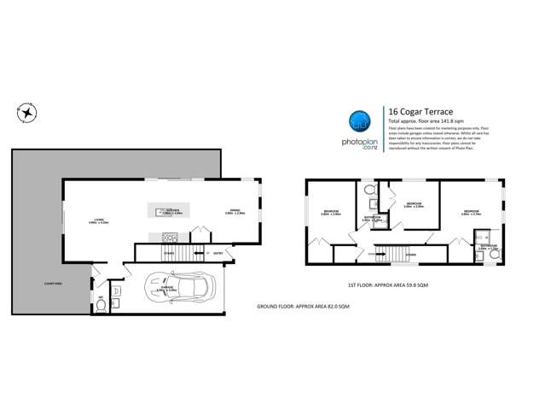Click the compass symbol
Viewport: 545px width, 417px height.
[x=27, y=112]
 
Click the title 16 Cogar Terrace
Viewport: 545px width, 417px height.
[x=420, y=111]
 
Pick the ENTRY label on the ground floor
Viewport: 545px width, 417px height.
[x=218, y=253]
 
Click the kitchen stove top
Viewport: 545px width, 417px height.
[x=166, y=237]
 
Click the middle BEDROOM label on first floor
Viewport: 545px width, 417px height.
[x=414, y=204]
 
